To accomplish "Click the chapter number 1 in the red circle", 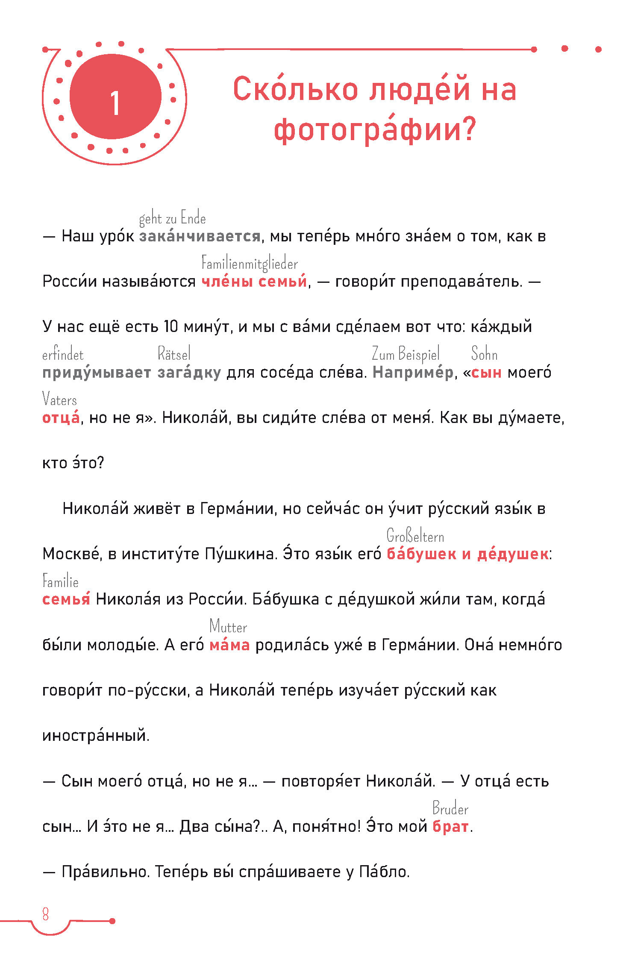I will click(x=115, y=103).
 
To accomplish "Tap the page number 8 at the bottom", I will click(x=45, y=914).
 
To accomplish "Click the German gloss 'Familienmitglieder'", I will click(x=250, y=264).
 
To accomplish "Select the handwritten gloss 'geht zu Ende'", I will click(x=172, y=219).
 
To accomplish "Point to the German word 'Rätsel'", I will click(x=174, y=354).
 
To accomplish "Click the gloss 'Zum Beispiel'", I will click(x=406, y=355).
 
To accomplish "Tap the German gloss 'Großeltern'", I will click(x=415, y=536).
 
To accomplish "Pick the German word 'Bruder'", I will click(x=450, y=809).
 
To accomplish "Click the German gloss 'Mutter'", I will click(x=228, y=627).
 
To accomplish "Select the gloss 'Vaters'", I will click(x=59, y=400).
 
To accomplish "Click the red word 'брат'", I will click(x=450, y=827).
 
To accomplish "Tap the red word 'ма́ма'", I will click(x=229, y=645).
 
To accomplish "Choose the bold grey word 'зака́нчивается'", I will click(x=200, y=236).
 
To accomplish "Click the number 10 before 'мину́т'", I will click(x=170, y=327).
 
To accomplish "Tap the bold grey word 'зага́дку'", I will click(x=189, y=373).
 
